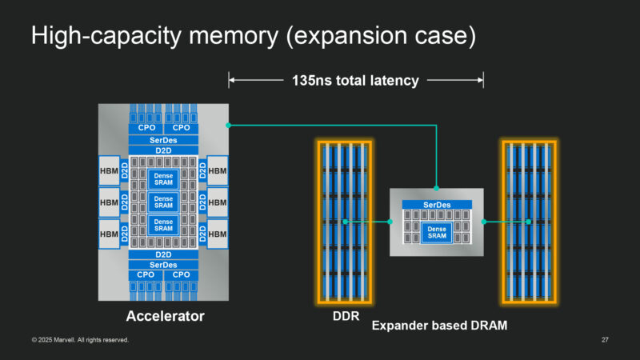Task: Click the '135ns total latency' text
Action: point(355,80)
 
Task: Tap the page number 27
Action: point(605,341)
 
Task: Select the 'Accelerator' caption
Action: point(166,317)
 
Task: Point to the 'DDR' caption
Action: point(344,316)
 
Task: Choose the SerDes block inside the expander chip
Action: point(436,206)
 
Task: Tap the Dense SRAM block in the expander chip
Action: point(436,233)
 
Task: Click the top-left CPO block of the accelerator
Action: point(146,127)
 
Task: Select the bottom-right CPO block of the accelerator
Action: point(182,275)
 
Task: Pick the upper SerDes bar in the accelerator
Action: point(163,139)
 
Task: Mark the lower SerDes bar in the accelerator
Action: point(163,264)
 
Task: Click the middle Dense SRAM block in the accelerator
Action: point(163,202)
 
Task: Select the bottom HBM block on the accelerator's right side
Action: point(218,233)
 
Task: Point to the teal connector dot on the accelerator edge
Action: point(229,125)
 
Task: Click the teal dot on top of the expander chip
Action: point(436,189)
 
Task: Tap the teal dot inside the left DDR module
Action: point(345,222)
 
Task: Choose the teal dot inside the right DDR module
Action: point(528,222)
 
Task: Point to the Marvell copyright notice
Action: point(80,341)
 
